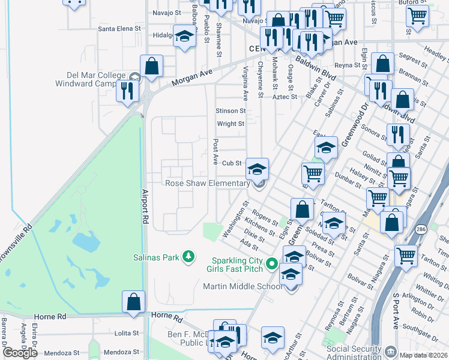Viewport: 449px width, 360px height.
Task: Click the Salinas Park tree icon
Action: point(188,257)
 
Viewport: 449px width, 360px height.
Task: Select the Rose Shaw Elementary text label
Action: point(207,183)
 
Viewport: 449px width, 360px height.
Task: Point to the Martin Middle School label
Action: point(243,286)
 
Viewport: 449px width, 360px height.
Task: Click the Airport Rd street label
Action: point(145,207)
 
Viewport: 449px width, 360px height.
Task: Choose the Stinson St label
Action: point(231,111)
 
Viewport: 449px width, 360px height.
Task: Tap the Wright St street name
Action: point(231,124)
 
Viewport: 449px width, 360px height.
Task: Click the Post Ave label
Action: point(215,152)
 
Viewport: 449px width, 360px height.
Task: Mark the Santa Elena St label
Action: point(119,28)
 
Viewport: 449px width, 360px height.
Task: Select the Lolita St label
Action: point(127,333)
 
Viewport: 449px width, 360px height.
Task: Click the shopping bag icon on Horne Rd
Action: point(133,301)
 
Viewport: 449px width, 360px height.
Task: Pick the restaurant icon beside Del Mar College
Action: point(127,90)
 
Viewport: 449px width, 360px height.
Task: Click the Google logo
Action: point(20,353)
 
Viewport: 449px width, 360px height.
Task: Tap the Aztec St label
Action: point(285,97)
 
